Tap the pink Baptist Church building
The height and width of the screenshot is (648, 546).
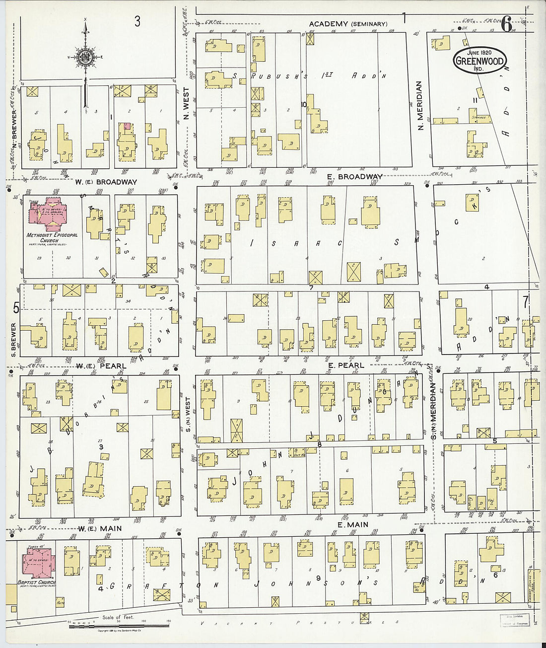[38, 563]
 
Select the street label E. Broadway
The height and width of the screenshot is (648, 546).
[355, 177]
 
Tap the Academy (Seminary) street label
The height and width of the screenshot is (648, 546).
[348, 24]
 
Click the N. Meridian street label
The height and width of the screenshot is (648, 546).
[420, 106]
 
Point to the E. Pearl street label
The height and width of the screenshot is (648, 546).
[346, 365]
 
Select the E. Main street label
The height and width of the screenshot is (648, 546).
[352, 524]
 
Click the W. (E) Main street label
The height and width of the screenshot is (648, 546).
[99, 528]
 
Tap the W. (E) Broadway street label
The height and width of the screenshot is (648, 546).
[106, 182]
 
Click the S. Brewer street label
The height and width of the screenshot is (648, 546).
[14, 339]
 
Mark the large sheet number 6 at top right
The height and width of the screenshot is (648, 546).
[506, 23]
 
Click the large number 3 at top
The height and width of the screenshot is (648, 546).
[137, 21]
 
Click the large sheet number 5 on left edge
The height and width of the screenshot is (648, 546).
[16, 308]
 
